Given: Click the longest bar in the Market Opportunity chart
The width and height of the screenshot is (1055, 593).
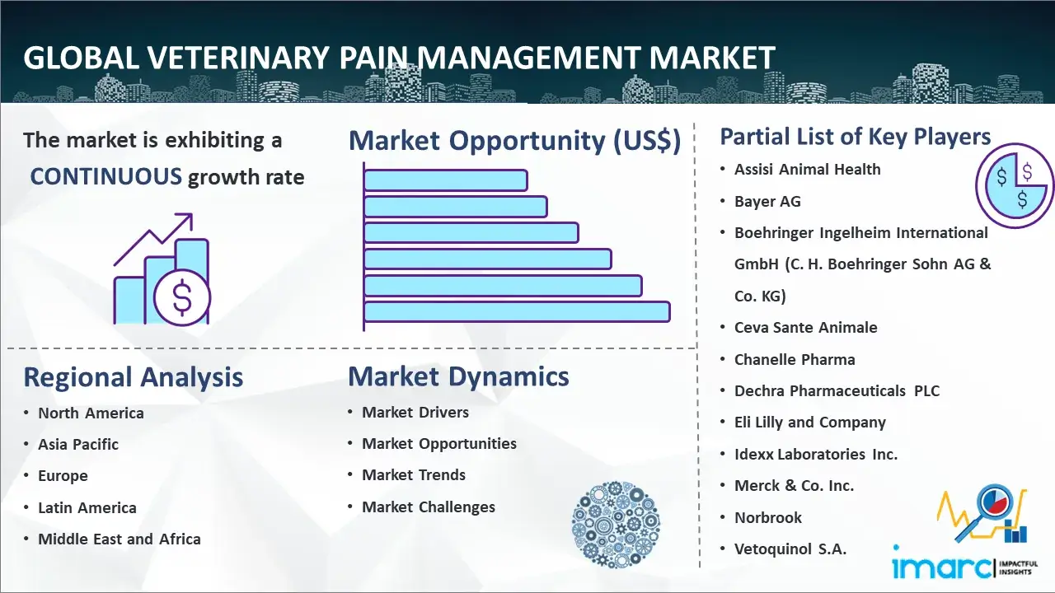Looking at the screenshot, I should pos(516,311).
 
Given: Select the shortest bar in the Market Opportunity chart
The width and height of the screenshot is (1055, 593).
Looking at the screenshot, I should pos(445,180).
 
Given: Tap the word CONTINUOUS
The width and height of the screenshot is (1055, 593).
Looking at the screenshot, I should pos(106,176).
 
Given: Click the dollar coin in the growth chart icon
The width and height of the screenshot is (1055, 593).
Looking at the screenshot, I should pos(182,298).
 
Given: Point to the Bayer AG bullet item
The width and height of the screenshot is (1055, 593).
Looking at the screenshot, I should pos(767,202).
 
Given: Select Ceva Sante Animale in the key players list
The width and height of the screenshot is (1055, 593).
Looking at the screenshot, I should pos(805,328).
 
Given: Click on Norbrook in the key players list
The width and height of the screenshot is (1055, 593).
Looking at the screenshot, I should pos(767,517).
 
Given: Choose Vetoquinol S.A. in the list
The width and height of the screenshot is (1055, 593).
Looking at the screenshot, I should pos(790,549).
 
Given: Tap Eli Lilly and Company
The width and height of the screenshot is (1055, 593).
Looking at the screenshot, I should pos(809,423).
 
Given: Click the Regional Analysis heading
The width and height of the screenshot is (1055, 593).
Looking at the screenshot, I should pos(133,377).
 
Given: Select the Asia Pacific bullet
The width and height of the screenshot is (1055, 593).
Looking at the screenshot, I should pos(78,445).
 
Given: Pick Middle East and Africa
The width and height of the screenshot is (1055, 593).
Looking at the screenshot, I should pos(119,539).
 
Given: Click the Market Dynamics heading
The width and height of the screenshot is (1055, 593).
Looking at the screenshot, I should pos(458,376).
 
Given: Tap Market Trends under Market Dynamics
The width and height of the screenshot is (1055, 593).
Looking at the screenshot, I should pos(413,475).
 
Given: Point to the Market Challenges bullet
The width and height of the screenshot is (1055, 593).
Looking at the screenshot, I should pos(428,507).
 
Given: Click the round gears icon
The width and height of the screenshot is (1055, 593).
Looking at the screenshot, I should pos(610,525).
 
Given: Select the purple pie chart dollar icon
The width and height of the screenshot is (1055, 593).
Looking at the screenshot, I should pos(1015,184).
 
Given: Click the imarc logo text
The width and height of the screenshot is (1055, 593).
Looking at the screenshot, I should pos(941,567).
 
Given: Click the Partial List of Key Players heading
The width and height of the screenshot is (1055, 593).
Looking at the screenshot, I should pos(855,137).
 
